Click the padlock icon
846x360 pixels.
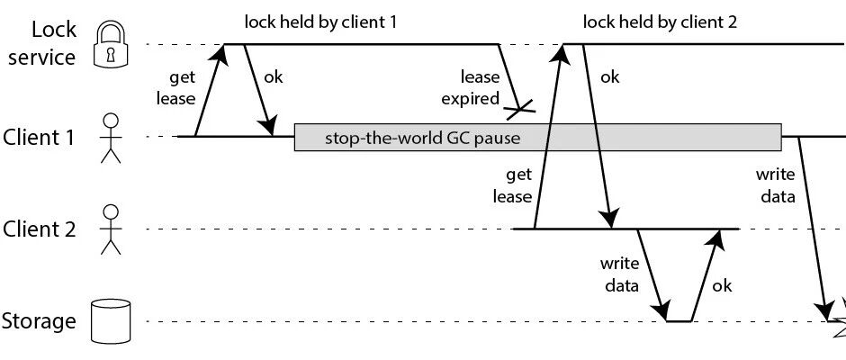tap(111, 45)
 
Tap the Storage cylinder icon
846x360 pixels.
tap(111, 321)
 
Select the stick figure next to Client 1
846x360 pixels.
tap(111, 138)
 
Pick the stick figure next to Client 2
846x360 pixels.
tap(111, 229)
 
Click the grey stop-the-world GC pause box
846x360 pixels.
tap(537, 137)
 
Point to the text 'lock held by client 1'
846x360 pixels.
tap(320, 22)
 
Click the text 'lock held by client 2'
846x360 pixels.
tap(660, 22)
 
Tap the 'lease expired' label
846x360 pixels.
tap(471, 88)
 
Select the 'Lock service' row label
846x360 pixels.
tap(42, 43)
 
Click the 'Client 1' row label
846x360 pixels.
tap(38, 137)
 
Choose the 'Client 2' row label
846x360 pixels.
tap(39, 229)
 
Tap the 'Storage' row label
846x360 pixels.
tap(39, 321)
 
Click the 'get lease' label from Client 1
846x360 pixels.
tap(175, 88)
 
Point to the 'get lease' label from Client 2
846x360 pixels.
tap(513, 185)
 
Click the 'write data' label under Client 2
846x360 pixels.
tap(619, 274)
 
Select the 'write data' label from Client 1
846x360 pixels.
tap(775, 185)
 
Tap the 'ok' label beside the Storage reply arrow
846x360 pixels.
tap(722, 285)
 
